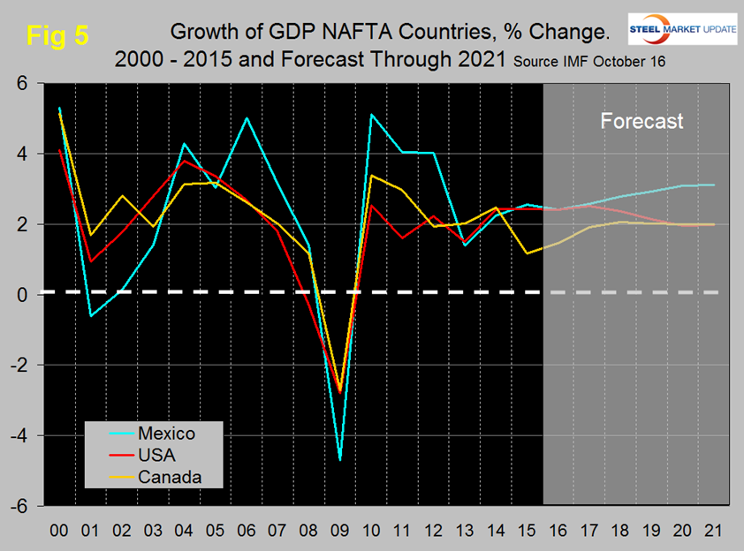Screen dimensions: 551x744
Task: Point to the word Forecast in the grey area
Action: pyautogui.click(x=642, y=121)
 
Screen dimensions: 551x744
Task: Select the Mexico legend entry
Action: pyautogui.click(x=166, y=434)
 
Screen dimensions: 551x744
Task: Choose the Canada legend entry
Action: pyautogui.click(x=169, y=478)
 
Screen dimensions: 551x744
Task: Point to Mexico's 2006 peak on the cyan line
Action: pyautogui.click(x=247, y=117)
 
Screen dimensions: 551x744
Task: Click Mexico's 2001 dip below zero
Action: pyautogui.click(x=90, y=315)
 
